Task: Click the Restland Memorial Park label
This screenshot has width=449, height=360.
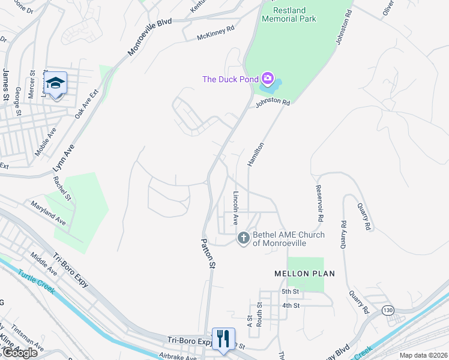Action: coord(289,14)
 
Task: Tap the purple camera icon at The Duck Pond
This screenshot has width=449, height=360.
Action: coord(268,79)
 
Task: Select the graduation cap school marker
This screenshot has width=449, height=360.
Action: coord(55,83)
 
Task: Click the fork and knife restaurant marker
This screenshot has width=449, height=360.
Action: coord(223,338)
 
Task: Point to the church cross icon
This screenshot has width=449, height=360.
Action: coord(244,238)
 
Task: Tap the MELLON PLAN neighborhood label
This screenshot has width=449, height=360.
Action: coord(304,274)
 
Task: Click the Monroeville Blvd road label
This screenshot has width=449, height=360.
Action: coord(150,37)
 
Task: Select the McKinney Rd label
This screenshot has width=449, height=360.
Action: coord(215,37)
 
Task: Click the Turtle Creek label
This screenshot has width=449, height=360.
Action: coord(36,282)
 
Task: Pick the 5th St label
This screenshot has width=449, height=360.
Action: coord(291,292)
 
